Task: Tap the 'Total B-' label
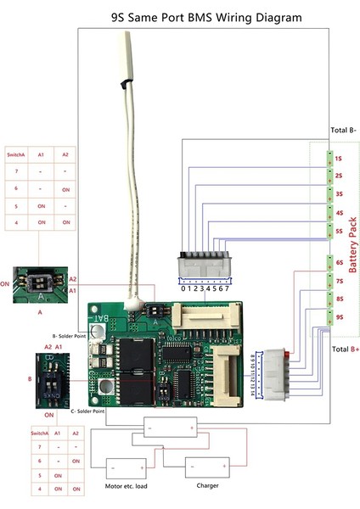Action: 342,131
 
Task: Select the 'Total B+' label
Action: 342,350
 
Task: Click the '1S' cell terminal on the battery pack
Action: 338,159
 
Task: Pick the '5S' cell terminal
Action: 338,230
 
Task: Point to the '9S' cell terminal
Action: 338,317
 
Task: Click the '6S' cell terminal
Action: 338,263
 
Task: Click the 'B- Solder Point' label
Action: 68,336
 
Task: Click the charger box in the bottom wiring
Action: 206,467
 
